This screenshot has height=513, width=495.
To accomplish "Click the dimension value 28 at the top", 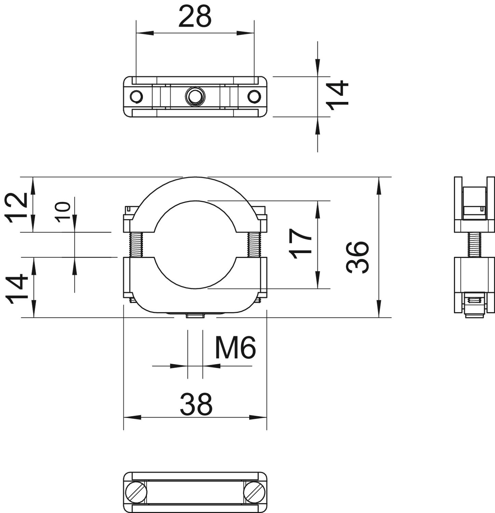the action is pos(195,17).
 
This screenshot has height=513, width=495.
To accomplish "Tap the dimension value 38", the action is pos(196,404).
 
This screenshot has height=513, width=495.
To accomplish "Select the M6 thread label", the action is pos(235,347).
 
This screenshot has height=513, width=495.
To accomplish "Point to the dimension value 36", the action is pos(358,257).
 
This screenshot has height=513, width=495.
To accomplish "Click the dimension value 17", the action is pos(300,244).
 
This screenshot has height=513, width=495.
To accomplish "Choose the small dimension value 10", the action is pos(63,212).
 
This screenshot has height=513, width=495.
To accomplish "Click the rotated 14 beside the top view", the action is pos(337,95).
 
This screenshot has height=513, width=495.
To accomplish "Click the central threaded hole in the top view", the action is pos(195,96).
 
